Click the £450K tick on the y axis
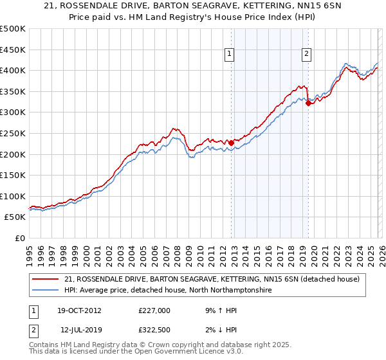tap(13, 50)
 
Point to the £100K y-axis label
tap(13, 196)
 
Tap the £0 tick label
tap(19, 238)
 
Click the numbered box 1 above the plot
tap(230, 55)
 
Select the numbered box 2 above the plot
tap(308, 55)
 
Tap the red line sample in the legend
tap(46, 279)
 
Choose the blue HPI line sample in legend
tap(46, 291)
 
